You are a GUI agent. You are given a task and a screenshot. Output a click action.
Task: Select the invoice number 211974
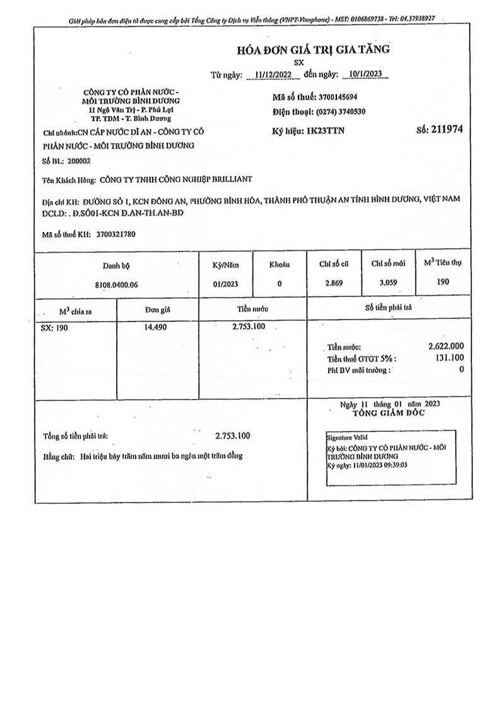pyautogui.click(x=447, y=129)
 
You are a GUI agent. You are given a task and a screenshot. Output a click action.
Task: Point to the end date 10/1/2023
pyautogui.click(x=365, y=74)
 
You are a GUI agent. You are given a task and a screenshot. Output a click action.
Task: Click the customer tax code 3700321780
pyautogui.click(x=116, y=234)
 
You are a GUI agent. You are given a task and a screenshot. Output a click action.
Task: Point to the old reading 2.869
pyautogui.click(x=334, y=283)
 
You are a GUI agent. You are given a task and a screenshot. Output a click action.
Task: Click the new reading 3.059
pyautogui.click(x=388, y=282)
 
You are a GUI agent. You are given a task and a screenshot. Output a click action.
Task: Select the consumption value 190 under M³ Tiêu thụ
pyautogui.click(x=443, y=282)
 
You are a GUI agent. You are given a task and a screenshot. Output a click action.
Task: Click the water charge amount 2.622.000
pyautogui.click(x=446, y=346)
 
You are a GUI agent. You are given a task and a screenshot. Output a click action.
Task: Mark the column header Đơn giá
pyautogui.click(x=157, y=310)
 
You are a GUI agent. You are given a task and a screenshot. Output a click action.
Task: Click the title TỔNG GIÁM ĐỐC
pyautogui.click(x=388, y=413)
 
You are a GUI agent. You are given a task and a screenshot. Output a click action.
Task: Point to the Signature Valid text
pyautogui.click(x=346, y=437)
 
